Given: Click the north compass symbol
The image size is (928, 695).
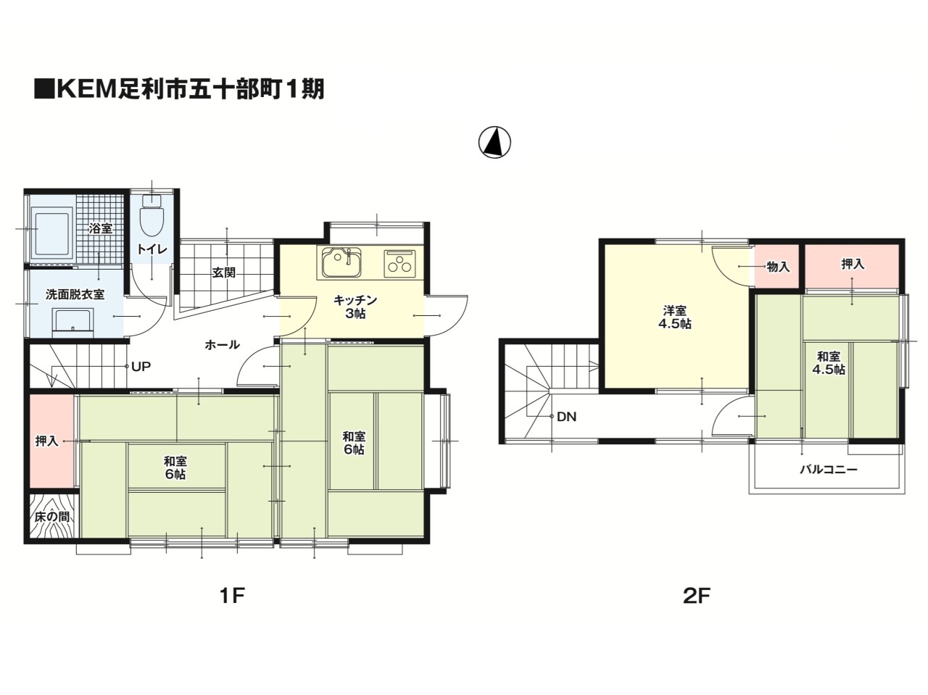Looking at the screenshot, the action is [494, 142].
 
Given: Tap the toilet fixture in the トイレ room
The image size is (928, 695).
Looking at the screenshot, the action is [152, 215].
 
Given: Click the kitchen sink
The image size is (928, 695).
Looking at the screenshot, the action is [341, 262].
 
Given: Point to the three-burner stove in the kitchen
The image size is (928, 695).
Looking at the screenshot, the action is [399, 263].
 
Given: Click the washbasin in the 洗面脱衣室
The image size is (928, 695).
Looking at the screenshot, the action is [74, 322].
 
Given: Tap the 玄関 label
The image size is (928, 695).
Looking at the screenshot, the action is [223, 272].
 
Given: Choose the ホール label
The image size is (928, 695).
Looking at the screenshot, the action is [223, 345].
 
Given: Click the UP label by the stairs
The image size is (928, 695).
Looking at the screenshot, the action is [141, 366].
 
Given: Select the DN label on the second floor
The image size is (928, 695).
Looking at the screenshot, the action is [566, 417].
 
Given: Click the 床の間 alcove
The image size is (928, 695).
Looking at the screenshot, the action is [52, 516].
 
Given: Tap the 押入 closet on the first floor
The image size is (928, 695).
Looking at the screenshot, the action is [51, 441].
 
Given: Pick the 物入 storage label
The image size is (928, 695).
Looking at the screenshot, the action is [779, 267].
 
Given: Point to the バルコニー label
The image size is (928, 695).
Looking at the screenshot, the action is [828, 470].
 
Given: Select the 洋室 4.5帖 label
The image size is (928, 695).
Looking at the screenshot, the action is [675, 317].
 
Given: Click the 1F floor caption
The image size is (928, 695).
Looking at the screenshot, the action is [232, 596].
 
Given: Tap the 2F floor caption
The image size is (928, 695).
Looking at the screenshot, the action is [696, 596].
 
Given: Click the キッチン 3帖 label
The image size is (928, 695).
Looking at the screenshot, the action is [355, 307].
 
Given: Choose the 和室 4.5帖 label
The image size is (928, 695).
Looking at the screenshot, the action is [829, 362].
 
